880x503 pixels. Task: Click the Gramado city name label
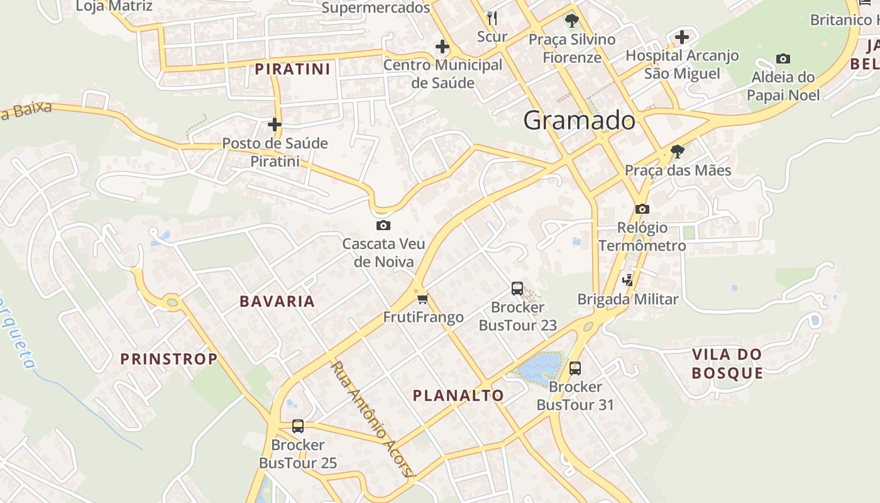[579, 120]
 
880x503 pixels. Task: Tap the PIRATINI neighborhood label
[292, 69]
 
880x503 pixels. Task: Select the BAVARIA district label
[277, 301]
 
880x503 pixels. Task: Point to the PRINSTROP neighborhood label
[168, 359]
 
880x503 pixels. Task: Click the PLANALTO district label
[458, 395]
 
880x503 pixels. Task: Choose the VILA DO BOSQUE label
[727, 363]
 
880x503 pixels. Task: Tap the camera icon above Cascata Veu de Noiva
[383, 225]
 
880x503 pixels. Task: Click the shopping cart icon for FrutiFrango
[422, 299]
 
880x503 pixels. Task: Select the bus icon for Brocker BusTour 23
[517, 289]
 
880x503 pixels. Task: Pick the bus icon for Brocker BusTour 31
[575, 368]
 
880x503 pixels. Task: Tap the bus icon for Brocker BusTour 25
[298, 426]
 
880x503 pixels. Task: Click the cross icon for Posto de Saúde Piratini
[274, 124]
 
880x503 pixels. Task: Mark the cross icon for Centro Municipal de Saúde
[443, 46]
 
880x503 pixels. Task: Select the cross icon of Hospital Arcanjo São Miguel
[682, 37]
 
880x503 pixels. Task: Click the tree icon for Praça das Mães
[677, 151]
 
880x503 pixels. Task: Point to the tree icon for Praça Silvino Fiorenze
[571, 21]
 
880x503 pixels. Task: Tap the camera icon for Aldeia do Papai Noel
[783, 58]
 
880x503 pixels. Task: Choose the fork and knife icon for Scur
[492, 18]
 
